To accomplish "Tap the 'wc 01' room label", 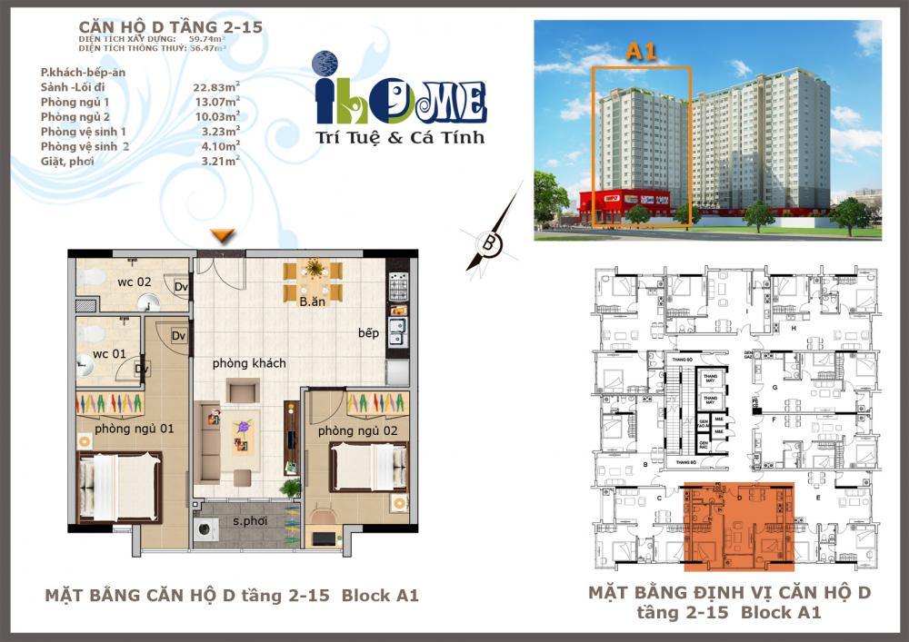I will tap(107, 354).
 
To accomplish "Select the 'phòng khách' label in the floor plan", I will tap(249, 363).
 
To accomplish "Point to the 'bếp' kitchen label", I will tap(368, 333).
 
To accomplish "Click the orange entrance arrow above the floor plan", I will tap(222, 236).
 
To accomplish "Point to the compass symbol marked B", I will tap(488, 242).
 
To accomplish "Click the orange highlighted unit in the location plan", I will tap(738, 528).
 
